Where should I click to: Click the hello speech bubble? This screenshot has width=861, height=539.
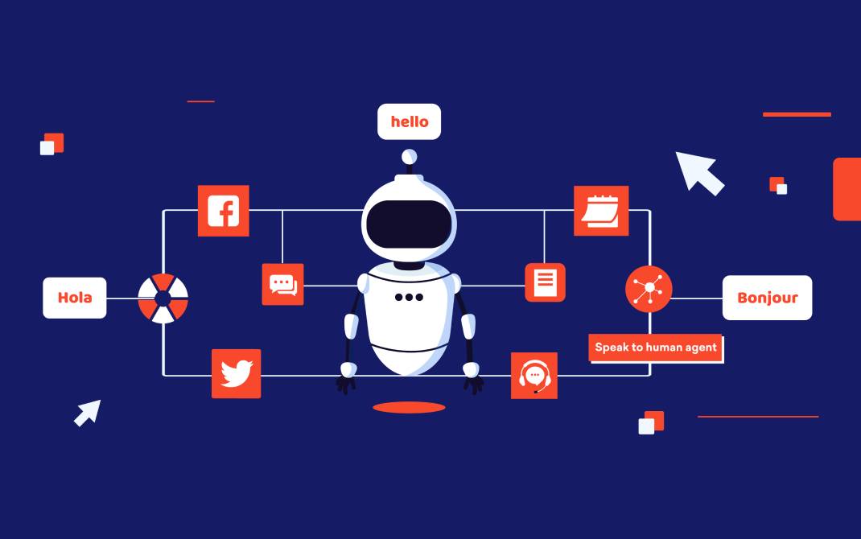click(x=409, y=121)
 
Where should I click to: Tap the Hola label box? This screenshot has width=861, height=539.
click(x=75, y=298)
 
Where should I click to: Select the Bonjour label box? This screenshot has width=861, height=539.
click(x=767, y=298)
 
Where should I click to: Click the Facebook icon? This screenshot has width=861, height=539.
click(x=223, y=211)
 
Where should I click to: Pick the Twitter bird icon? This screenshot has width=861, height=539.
click(x=236, y=373)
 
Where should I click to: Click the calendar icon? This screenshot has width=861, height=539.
click(x=600, y=211)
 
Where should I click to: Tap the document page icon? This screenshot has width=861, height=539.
click(x=545, y=282)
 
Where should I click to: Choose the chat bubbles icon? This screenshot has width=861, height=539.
click(x=282, y=284)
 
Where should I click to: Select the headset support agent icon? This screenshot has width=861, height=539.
click(x=533, y=376)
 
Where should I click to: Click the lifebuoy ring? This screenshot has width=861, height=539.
click(x=163, y=298)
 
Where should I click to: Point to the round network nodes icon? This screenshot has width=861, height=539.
click(x=649, y=289)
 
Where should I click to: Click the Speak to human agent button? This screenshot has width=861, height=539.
click(x=655, y=348)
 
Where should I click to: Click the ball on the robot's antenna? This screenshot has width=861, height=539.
click(x=410, y=156)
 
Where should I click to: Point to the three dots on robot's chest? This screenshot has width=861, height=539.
click(x=408, y=297)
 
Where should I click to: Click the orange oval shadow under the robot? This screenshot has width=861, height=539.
click(x=409, y=408)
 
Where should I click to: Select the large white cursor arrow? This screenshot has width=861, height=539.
click(x=697, y=172)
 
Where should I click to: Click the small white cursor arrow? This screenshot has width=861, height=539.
click(x=88, y=412)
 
